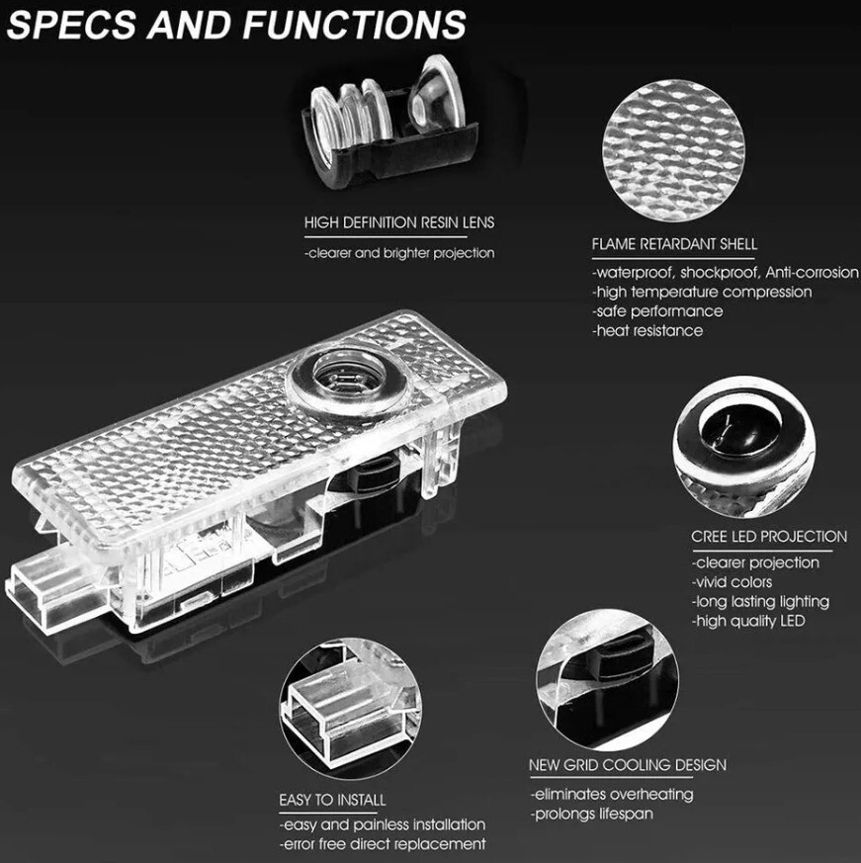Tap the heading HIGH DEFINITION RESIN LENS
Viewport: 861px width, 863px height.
point(399,223)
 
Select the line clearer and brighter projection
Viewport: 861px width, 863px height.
point(399,253)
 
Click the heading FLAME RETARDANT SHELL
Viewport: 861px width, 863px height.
point(674,243)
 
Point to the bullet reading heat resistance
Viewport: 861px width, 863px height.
point(647,331)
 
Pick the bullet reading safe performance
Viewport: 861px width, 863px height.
point(657,311)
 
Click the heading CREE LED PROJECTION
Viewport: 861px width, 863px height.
point(769,537)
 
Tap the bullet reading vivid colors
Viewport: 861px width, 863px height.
point(732,582)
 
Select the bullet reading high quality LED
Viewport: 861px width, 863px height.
point(748,621)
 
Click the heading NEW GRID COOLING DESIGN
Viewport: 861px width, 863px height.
point(628,765)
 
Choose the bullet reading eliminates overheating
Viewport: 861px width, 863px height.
point(612,794)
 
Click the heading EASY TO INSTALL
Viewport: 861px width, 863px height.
point(332,799)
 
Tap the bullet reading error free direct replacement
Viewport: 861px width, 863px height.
point(383,843)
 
